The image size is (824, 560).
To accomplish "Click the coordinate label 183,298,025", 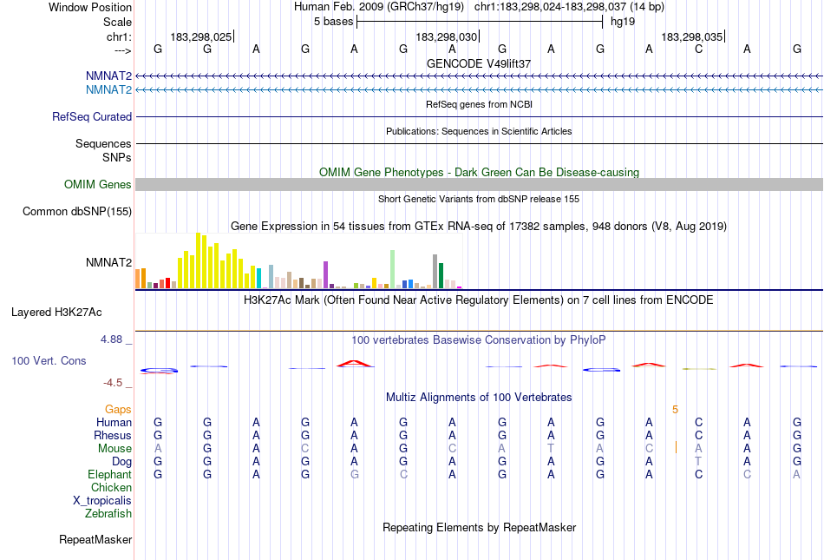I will click(x=201, y=37).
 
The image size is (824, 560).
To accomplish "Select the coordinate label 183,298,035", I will click(x=691, y=37).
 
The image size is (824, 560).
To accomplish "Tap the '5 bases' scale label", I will click(x=333, y=21).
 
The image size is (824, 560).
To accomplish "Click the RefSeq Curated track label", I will click(x=92, y=117).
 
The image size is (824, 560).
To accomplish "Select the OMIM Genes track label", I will click(x=98, y=185).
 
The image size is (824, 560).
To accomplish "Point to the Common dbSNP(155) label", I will click(x=77, y=212).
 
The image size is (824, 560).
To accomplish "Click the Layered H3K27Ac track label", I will click(x=62, y=312).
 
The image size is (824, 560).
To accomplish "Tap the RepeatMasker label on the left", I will click(x=95, y=540).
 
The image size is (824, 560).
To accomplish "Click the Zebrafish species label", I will click(x=108, y=514).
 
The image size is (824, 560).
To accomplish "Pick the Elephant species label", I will click(x=109, y=475).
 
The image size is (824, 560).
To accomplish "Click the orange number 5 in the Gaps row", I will click(x=675, y=409).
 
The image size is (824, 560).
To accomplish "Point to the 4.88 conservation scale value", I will click(x=112, y=339).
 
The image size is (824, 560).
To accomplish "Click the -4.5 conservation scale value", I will click(x=115, y=383).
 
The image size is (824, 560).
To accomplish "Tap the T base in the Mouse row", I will click(x=551, y=448).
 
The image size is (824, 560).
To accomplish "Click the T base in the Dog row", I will click(x=698, y=461).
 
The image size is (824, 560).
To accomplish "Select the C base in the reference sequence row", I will click(x=698, y=49).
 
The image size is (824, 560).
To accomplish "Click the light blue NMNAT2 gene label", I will click(x=108, y=89).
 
